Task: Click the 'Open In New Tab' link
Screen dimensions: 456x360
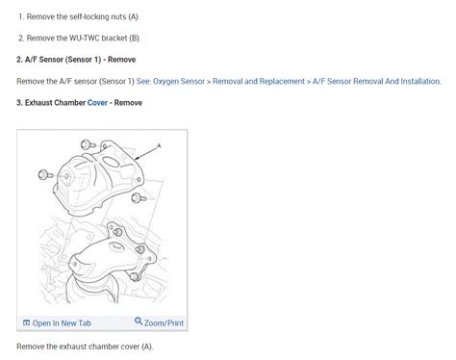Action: [x=62, y=322]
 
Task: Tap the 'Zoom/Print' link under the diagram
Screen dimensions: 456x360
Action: [x=164, y=322]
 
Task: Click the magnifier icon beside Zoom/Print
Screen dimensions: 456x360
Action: [x=139, y=321]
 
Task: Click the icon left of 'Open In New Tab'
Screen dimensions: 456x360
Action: [x=26, y=322]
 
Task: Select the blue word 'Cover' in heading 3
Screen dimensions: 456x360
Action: [x=97, y=103]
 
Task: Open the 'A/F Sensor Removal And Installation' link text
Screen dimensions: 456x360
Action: [x=377, y=81]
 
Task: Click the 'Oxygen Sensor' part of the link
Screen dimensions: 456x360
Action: [x=179, y=81]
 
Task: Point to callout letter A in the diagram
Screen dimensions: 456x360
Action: [x=159, y=145]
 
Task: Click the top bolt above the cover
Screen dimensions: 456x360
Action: [x=88, y=144]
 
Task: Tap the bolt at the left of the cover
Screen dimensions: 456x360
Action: [x=45, y=175]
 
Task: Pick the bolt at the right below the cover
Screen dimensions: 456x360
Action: [x=139, y=198]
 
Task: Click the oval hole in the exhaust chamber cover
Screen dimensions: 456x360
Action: [x=111, y=162]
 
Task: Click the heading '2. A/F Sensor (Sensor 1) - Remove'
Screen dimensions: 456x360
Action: [x=76, y=60]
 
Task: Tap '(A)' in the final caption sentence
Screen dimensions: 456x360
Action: [x=147, y=347]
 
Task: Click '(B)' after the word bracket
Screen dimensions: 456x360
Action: [x=135, y=39]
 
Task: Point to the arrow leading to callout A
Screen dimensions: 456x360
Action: [x=146, y=153]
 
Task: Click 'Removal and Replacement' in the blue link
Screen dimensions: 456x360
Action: [x=259, y=81]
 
